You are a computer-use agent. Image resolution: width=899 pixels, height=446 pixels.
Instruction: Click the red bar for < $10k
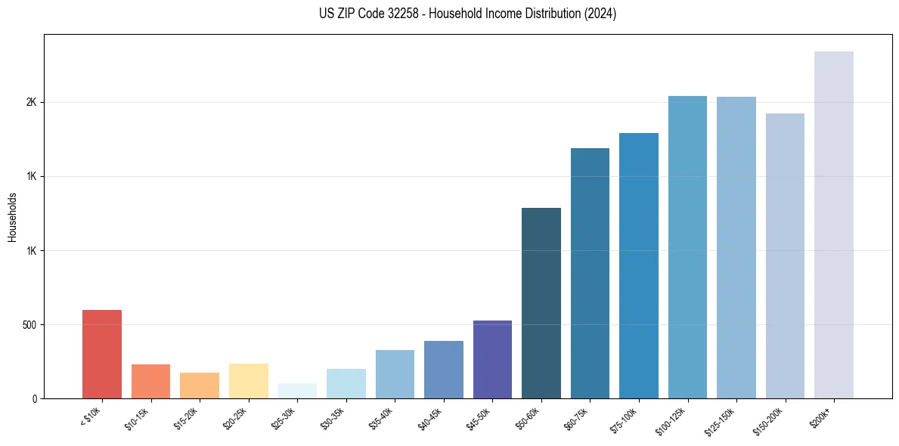102,354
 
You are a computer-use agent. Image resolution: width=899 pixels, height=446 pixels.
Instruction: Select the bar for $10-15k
150,381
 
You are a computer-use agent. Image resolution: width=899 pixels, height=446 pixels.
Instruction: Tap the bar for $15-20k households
200,386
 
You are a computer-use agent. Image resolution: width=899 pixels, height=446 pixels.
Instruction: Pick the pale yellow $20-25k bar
248,381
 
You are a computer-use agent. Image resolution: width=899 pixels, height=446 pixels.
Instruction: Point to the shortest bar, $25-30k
297,391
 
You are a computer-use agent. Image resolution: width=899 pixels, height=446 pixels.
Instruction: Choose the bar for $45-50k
492,359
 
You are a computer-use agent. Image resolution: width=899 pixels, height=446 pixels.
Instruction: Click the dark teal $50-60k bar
541,302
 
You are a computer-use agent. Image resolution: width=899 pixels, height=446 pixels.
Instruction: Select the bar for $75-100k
639,265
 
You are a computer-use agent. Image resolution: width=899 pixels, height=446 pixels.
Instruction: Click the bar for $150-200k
785,256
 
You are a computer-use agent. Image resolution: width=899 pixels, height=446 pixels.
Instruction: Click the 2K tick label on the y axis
31,103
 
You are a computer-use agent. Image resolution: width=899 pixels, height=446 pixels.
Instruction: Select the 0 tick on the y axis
34,399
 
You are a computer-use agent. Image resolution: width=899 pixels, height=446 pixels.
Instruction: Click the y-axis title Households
13,217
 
